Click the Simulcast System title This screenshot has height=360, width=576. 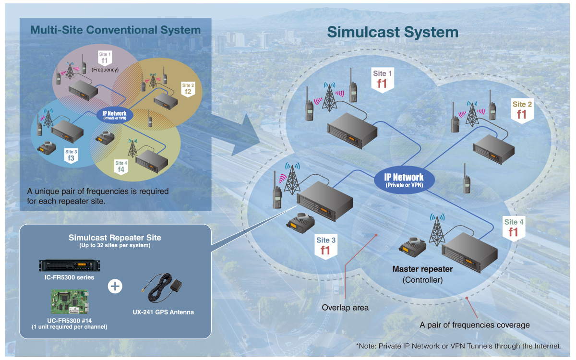click(x=392, y=32)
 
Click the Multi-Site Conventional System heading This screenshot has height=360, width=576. click(x=115, y=30)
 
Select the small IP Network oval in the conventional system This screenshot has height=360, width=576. click(x=114, y=115)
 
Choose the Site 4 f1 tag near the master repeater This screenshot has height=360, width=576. click(x=513, y=228)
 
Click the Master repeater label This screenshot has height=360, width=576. click(x=422, y=269)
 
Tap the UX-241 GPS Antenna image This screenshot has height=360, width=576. click(x=163, y=289)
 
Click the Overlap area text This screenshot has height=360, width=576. click(x=345, y=308)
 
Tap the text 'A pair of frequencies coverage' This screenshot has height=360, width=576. click(x=474, y=325)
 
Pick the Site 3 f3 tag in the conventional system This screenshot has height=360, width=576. click(x=71, y=155)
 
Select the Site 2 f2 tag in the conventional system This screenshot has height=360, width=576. click(x=187, y=88)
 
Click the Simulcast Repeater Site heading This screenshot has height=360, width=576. click(x=115, y=238)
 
